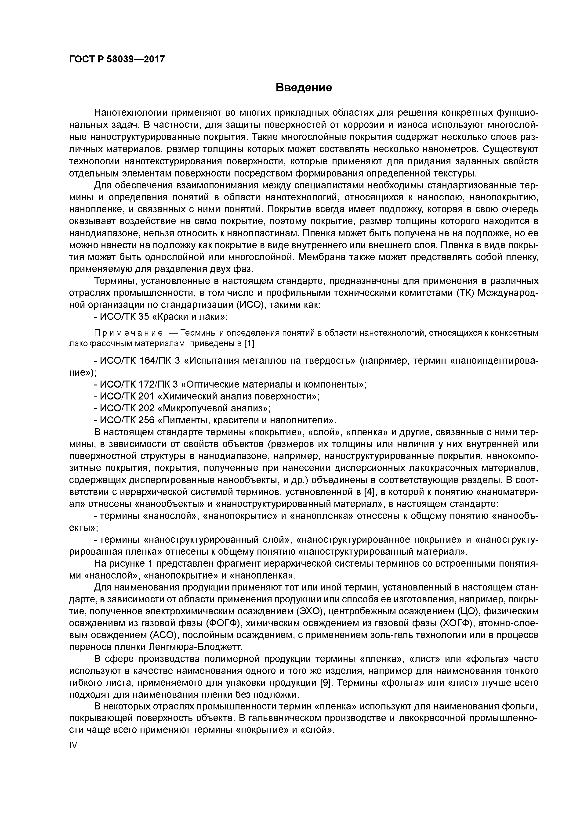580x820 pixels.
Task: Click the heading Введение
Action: click(x=304, y=87)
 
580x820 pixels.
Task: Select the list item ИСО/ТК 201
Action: click(x=127, y=396)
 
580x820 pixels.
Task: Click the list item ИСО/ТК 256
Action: click(x=127, y=420)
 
